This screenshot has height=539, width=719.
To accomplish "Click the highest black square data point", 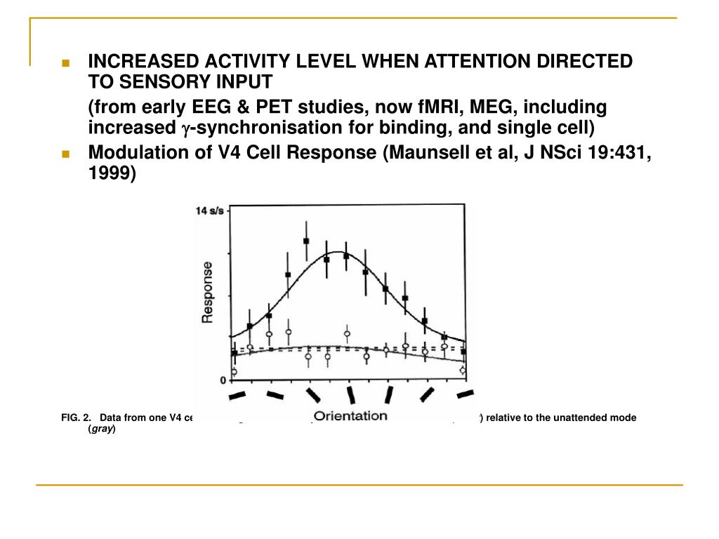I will click(x=306, y=241).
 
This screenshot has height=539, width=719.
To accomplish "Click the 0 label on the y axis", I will click(x=223, y=380).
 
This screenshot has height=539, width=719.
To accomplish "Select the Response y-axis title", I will click(x=209, y=292).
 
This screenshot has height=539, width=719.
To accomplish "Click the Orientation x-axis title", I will click(x=350, y=415).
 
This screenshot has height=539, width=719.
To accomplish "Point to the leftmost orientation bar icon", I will click(x=237, y=396).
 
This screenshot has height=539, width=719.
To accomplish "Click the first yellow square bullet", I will click(x=66, y=62).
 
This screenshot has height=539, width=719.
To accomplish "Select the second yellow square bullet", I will click(x=66, y=154).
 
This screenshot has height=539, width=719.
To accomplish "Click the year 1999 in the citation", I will click(x=111, y=174).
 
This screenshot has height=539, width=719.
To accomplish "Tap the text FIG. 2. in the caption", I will click(x=76, y=418).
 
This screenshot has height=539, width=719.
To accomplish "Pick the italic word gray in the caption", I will click(x=101, y=429).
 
